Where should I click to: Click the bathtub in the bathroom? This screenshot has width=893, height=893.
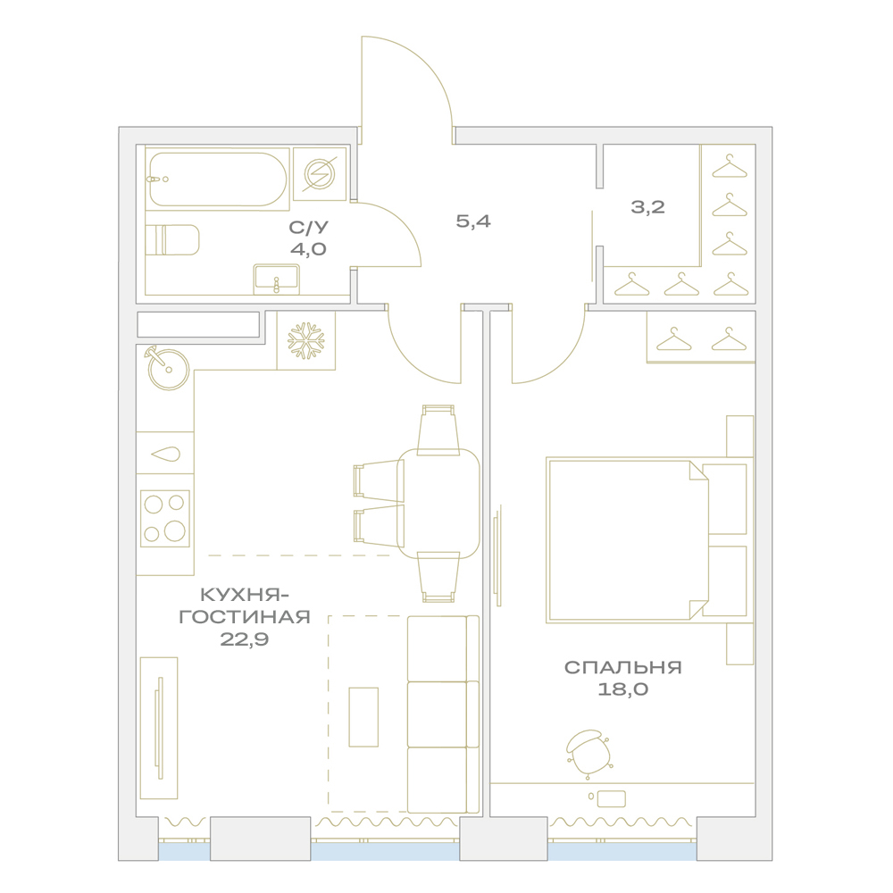[x=217, y=179]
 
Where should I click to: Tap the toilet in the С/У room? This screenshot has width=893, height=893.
[x=172, y=239]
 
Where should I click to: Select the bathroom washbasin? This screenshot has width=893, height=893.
[x=276, y=279]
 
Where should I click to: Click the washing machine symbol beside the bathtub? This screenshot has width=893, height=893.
[x=320, y=174]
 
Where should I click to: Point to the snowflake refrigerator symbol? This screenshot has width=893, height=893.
[x=305, y=341]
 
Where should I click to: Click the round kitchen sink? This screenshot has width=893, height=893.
[x=168, y=369]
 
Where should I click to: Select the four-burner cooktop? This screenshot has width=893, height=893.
[x=165, y=519]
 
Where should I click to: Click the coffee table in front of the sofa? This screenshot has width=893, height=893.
[x=363, y=716]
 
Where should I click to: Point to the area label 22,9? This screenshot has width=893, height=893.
[x=245, y=639]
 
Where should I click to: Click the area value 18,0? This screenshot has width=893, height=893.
[x=623, y=689]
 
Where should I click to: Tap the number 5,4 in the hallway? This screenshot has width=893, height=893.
[x=473, y=221]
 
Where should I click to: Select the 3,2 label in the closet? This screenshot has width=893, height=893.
[x=648, y=207]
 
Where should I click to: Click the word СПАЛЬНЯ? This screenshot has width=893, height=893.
[x=623, y=667]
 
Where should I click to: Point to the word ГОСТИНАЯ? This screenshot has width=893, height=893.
[x=245, y=617]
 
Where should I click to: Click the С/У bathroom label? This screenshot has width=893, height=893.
[x=309, y=227]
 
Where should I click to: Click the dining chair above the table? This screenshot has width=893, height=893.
[x=438, y=430]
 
